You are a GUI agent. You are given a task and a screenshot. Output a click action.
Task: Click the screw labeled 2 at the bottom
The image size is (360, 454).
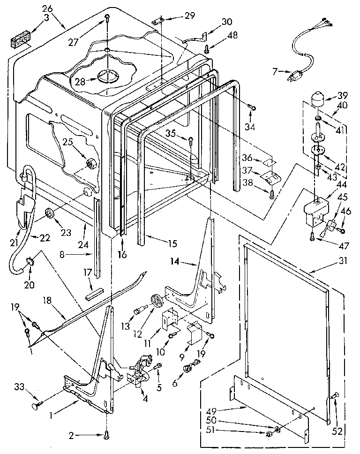point(107,434)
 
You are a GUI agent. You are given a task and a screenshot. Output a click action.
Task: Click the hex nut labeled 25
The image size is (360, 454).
point(90,164)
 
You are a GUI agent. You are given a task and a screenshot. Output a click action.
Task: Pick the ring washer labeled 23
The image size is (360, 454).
point(49,215)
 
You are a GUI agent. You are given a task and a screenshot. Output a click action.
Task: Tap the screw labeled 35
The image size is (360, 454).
point(191,139)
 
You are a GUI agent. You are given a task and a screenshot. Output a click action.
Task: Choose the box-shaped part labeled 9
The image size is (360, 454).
point(194,333)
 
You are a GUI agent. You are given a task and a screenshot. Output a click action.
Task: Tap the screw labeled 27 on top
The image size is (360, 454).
point(107,19)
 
